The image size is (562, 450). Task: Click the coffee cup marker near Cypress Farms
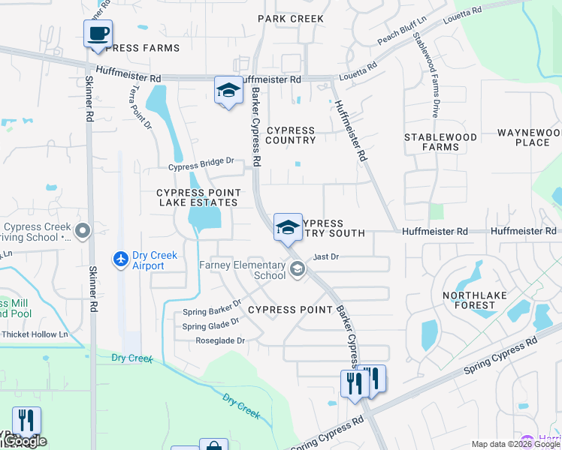(x=98, y=34)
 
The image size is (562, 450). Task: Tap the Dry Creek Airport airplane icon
(x=121, y=259)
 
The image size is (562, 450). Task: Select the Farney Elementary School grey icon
(x=298, y=268)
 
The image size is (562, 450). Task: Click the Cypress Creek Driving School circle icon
(x=83, y=231)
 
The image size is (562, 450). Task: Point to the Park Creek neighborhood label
(x=291, y=19)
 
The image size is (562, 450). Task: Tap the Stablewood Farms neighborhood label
(x=440, y=142)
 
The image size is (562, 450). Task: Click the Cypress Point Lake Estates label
(x=197, y=197)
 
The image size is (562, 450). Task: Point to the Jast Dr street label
(x=327, y=256)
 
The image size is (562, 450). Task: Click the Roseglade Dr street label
(x=219, y=340)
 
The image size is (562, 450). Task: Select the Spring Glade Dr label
(x=210, y=323)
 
